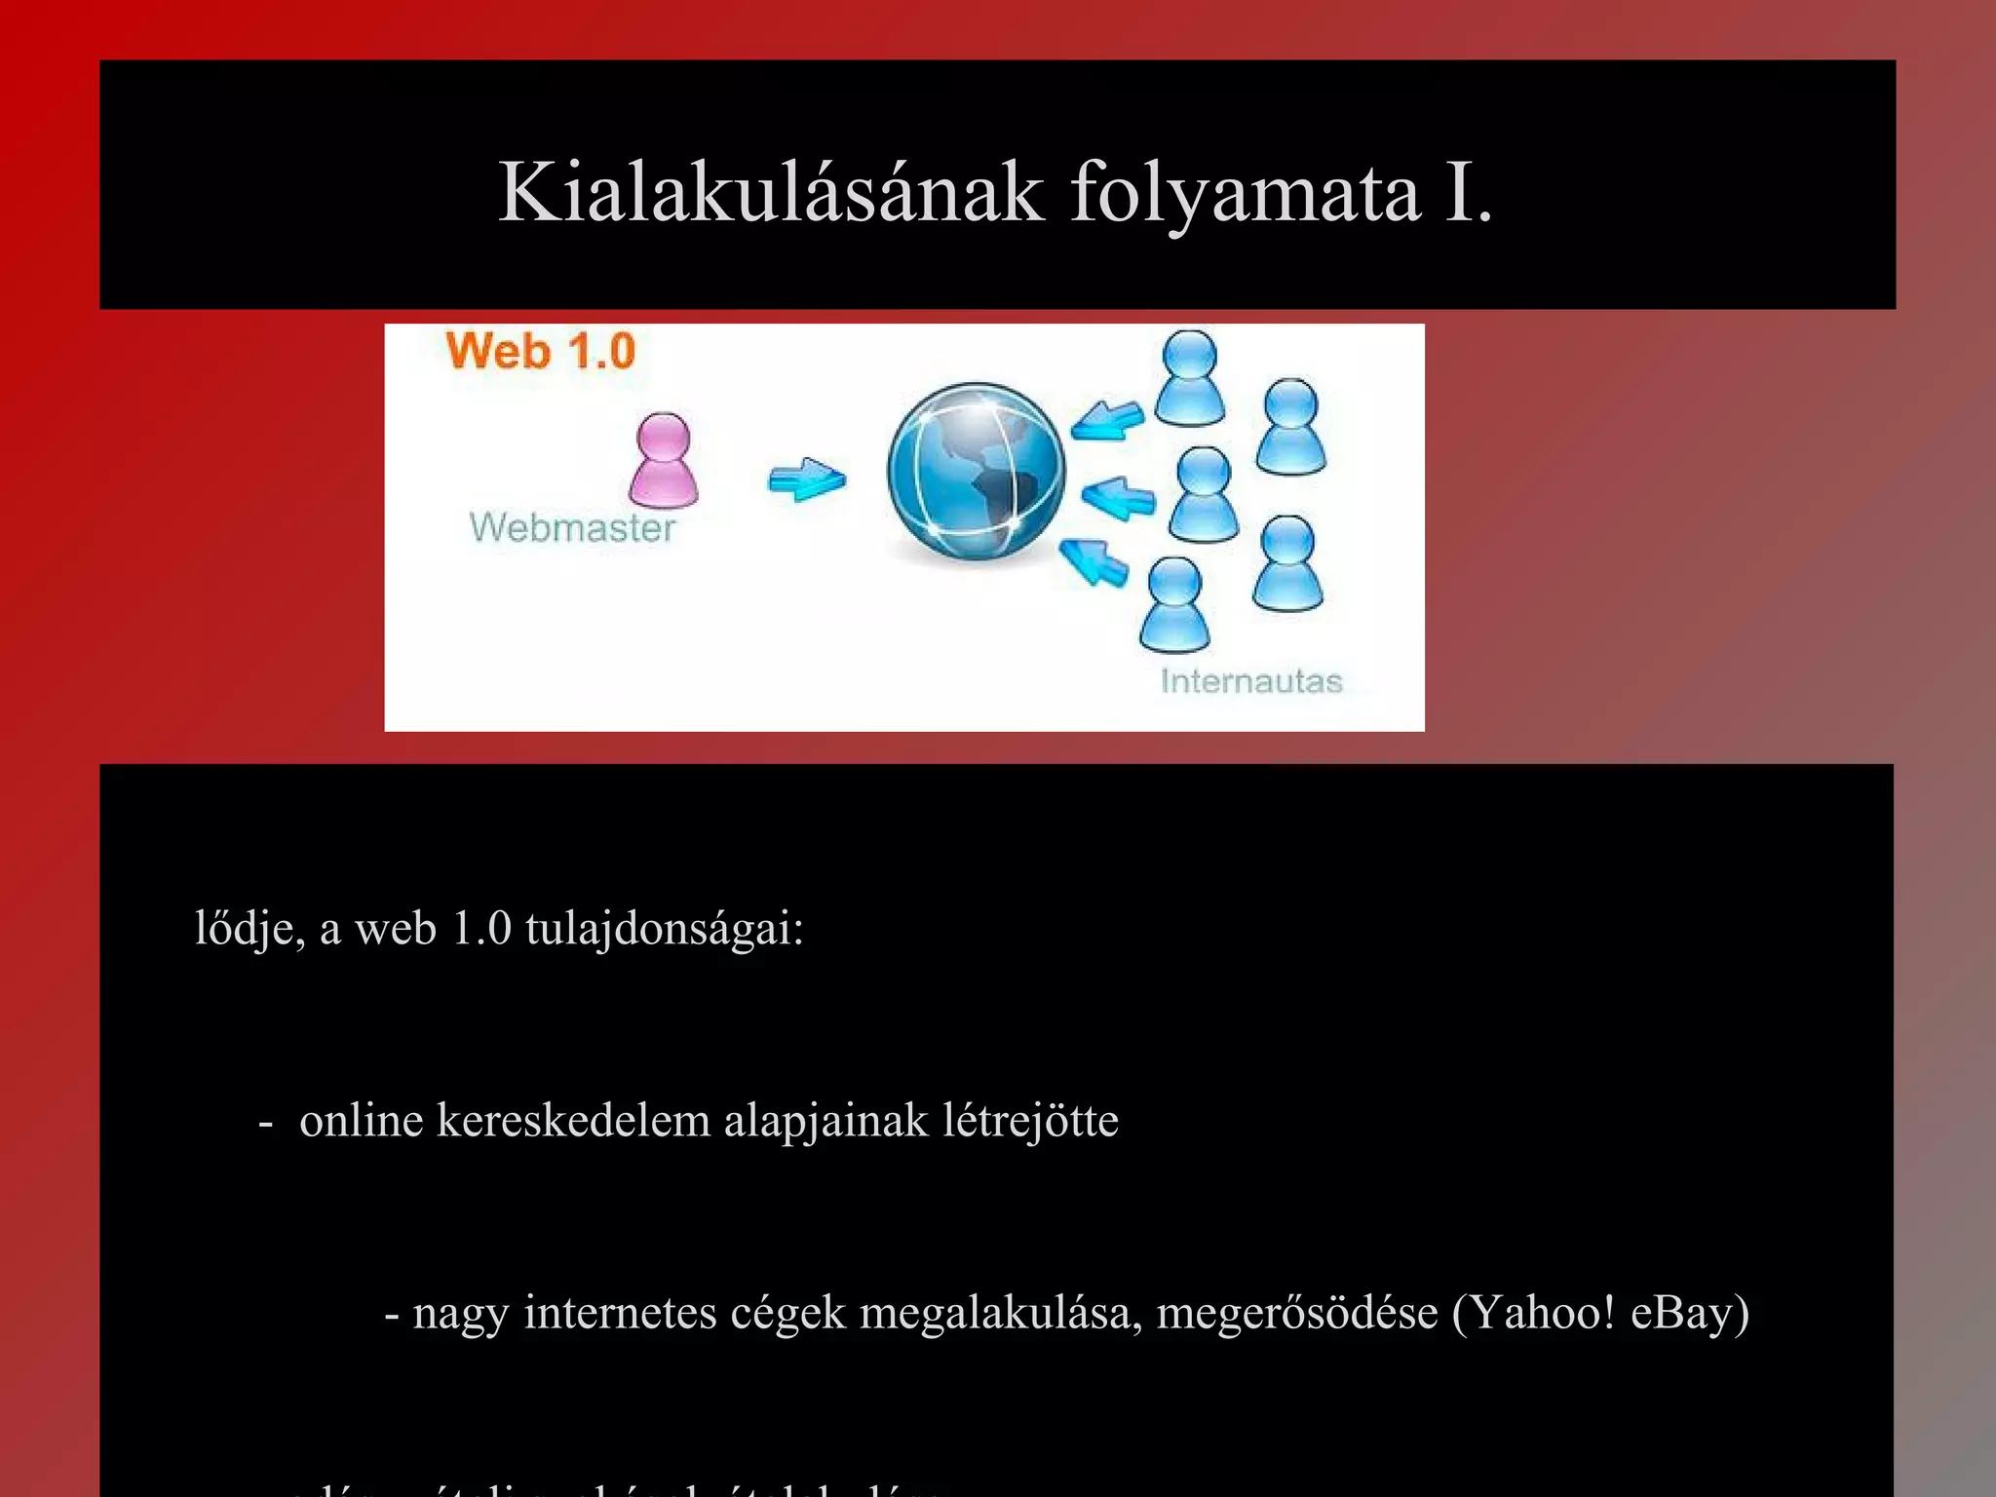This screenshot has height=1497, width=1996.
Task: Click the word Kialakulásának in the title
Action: pos(770,192)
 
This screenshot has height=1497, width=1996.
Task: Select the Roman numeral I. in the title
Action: pos(1468,192)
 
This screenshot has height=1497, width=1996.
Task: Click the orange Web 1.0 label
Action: pos(540,351)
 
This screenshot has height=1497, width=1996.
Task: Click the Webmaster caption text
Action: pos(572,527)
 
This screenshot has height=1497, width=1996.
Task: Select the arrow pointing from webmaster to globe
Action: pos(807,480)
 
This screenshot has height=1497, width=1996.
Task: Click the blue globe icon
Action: pos(976,473)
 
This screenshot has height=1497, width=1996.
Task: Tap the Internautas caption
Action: pos(1251,680)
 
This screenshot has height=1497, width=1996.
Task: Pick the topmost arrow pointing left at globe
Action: pos(1108,420)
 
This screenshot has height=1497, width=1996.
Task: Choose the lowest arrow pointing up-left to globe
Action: pos(1094,562)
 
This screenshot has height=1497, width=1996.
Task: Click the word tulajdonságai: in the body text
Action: pos(665,928)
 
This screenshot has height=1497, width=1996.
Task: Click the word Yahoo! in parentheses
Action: pos(1534,1312)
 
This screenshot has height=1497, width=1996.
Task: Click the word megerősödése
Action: pos(1296,1312)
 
